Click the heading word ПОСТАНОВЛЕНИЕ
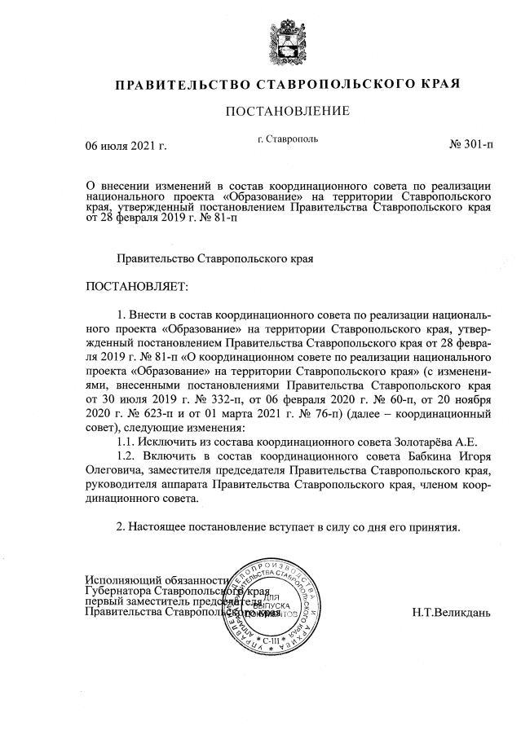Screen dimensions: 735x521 click(287, 111)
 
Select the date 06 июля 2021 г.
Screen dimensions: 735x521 click(126, 147)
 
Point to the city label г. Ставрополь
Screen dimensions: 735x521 click(287, 139)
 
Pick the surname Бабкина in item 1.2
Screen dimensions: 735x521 click(416, 456)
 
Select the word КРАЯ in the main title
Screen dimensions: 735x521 click(437, 85)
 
